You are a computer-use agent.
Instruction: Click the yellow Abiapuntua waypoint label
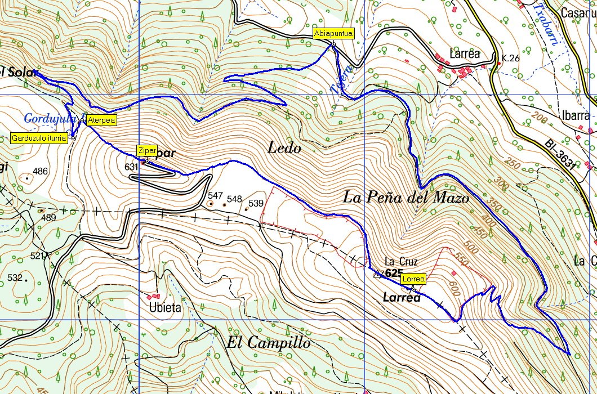pos(333,33)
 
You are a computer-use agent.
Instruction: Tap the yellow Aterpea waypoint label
pos(101,120)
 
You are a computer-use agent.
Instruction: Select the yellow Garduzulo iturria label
pos(39,138)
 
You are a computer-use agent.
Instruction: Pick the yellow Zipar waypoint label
pos(145,150)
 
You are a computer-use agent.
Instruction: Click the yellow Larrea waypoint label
pos(413,279)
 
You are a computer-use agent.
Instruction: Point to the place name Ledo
pos(284,149)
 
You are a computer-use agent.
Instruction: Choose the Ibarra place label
pos(575,116)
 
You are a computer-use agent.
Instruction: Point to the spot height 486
pos(41,172)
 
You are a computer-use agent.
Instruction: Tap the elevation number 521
pos(37,256)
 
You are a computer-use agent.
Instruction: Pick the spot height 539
pos(256,203)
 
